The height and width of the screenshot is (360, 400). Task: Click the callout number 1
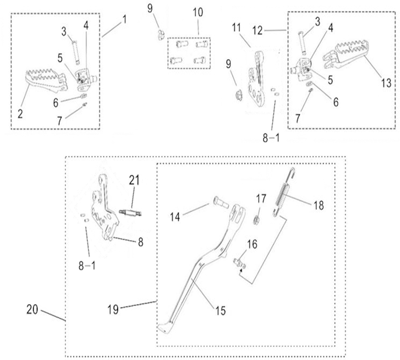click(125, 19)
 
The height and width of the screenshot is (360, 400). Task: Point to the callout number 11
click(237, 29)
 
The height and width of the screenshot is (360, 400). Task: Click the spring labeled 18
click(283, 191)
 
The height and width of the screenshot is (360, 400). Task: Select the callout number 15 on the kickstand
click(220, 310)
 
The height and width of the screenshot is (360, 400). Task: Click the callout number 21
click(135, 180)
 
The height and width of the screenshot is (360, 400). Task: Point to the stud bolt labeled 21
click(130, 211)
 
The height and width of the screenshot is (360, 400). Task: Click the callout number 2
click(20, 114)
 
